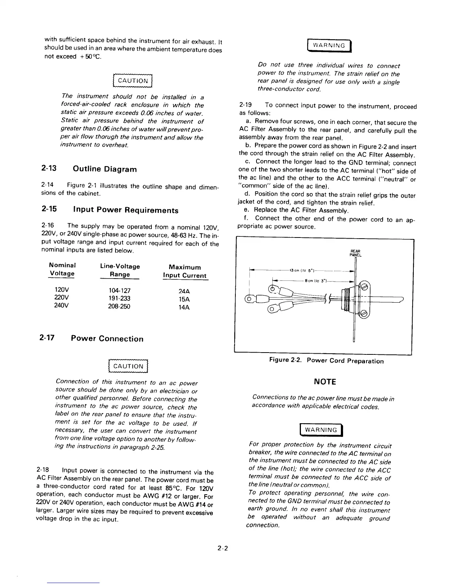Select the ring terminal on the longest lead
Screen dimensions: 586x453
pos(249,299)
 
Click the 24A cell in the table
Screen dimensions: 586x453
pos(184,291)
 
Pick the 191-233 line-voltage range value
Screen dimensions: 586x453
pos(120,299)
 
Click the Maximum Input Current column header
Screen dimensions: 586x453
pos(185,271)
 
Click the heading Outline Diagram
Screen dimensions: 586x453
pos(105,169)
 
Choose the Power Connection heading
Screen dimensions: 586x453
pos(107,339)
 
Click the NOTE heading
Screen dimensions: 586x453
pos(325,381)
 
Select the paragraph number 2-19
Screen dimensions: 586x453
pos(246,106)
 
